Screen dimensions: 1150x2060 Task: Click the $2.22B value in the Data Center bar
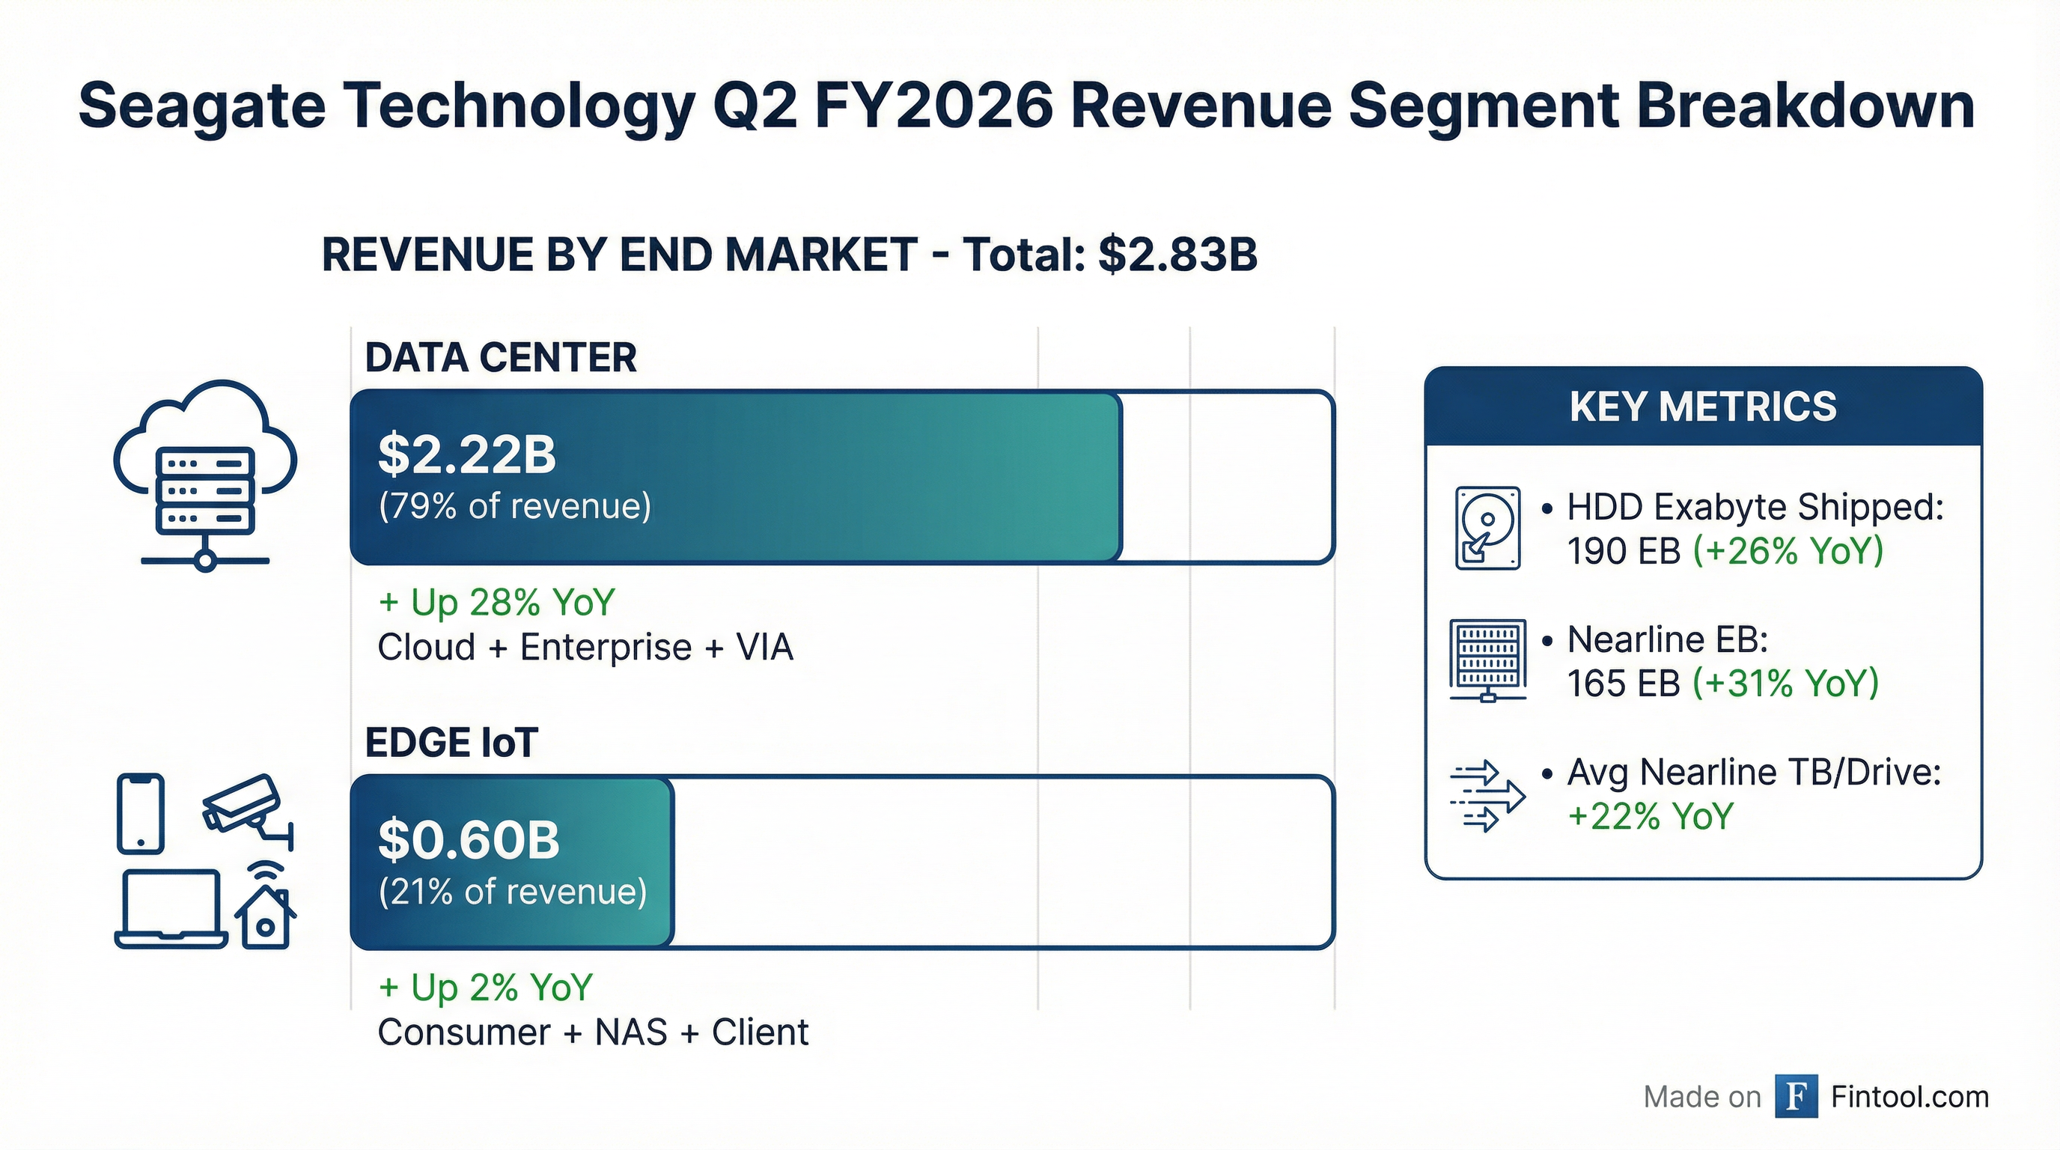point(466,454)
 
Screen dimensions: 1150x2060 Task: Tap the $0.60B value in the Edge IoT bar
point(468,840)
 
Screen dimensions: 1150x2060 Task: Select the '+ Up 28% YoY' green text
point(496,603)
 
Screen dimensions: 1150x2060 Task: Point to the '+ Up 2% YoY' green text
point(485,988)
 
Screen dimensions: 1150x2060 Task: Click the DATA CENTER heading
point(501,357)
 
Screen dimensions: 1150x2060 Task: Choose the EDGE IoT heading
point(451,743)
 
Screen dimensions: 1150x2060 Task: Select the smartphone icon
point(141,813)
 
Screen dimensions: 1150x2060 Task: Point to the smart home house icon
point(266,912)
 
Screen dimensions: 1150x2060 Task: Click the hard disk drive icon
point(1487,528)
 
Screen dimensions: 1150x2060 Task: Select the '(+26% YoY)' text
point(1788,551)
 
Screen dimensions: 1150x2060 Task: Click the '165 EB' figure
point(1624,684)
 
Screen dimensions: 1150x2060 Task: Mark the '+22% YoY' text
point(1651,817)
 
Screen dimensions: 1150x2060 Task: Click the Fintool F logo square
point(1796,1096)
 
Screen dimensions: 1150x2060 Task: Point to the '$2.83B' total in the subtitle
point(1178,255)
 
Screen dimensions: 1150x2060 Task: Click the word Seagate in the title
point(202,106)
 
